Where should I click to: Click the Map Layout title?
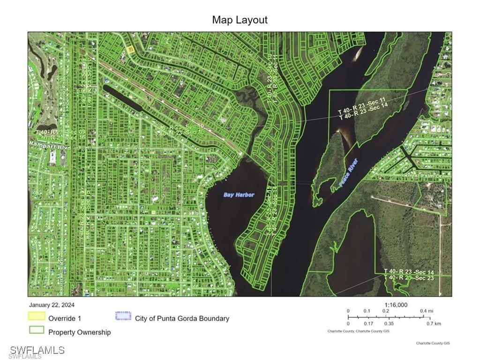tap(240, 20)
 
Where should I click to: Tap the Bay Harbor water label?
tap(239, 195)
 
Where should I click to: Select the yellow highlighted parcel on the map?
tap(131, 49)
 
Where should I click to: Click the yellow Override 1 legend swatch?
tap(37, 316)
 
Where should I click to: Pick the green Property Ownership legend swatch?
tap(37, 330)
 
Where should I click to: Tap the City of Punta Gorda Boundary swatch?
tap(123, 316)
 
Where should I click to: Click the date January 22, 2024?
tap(52, 305)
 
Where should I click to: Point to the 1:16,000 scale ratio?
tap(396, 305)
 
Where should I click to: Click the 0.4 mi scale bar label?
tap(426, 311)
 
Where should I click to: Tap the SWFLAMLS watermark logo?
tap(37, 350)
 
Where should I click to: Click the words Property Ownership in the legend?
tap(80, 332)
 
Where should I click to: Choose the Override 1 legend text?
tap(65, 318)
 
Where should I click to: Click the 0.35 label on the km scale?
tap(389, 323)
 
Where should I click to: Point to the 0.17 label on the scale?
tap(368, 323)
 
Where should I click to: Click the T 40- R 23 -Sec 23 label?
tap(409, 278)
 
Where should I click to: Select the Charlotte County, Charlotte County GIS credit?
tap(358, 331)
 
